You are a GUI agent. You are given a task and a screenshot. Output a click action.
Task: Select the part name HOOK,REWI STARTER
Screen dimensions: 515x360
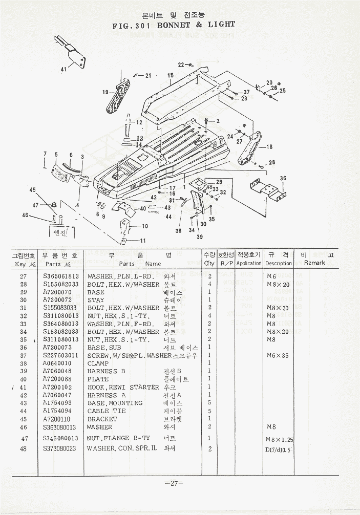(x=123, y=387)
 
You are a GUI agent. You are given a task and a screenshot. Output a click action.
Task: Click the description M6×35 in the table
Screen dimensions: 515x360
(x=278, y=355)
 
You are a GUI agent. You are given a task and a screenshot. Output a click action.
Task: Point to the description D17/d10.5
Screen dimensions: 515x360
(x=278, y=450)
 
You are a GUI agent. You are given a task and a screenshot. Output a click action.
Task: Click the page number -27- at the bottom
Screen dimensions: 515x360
(x=174, y=483)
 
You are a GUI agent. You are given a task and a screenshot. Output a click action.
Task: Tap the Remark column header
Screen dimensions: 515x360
(x=314, y=263)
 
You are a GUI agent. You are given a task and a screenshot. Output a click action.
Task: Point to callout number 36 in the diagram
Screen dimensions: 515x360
(x=283, y=179)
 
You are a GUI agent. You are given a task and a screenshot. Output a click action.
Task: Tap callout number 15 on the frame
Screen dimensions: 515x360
(x=171, y=75)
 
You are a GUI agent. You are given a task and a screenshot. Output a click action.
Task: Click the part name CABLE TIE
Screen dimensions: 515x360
(x=105, y=411)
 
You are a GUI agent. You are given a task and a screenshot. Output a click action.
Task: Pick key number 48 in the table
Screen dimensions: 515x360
(x=23, y=449)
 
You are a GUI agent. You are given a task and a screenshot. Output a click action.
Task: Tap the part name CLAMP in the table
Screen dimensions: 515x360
(x=98, y=363)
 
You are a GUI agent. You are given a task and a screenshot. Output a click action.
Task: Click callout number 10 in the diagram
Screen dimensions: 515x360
(x=145, y=226)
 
